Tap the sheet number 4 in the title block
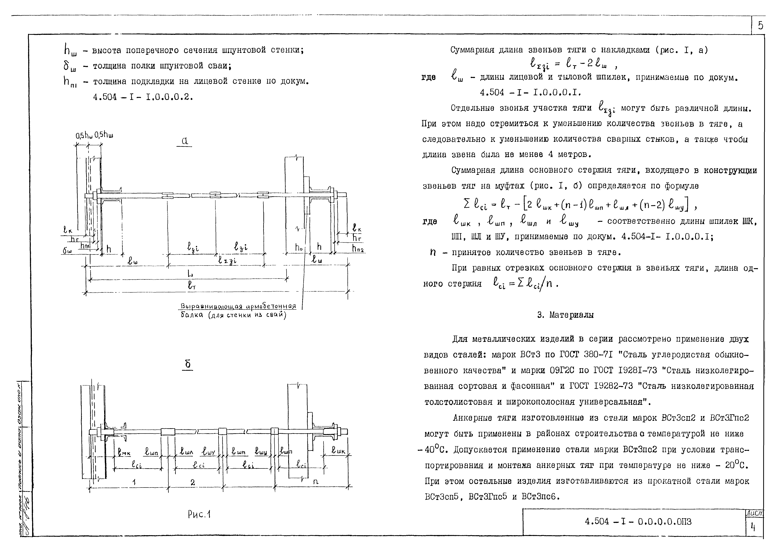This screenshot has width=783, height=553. coord(753,527)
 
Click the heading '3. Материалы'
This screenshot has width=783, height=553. coord(565,315)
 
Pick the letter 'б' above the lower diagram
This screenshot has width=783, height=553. coord(187,365)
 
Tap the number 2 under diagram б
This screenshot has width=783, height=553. coord(193,482)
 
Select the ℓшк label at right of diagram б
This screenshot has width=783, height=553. coord(339,451)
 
